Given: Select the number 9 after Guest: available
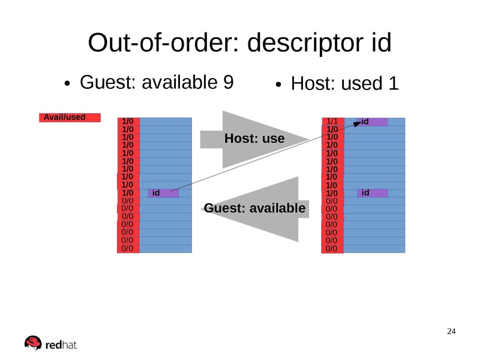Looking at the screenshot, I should tap(227, 82).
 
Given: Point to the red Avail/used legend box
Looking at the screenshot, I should tap(70, 118).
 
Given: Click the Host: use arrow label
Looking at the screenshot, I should tap(254, 139).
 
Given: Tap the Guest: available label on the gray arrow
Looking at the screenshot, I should tap(255, 208).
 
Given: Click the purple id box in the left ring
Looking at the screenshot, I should tap(163, 193).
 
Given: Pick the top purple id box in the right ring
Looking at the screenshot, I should tap(373, 122).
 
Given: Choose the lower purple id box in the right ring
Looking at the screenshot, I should tap(373, 193).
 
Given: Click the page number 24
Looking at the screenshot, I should tap(452, 332).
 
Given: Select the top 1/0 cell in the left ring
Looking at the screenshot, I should tap(128, 121).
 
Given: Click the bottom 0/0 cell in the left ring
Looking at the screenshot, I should tap(128, 247).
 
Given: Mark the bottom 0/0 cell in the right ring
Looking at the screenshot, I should tap(332, 248).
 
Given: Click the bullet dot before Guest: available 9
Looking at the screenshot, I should tap(69, 84).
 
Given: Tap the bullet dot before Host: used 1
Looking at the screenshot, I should tap(279, 86).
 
